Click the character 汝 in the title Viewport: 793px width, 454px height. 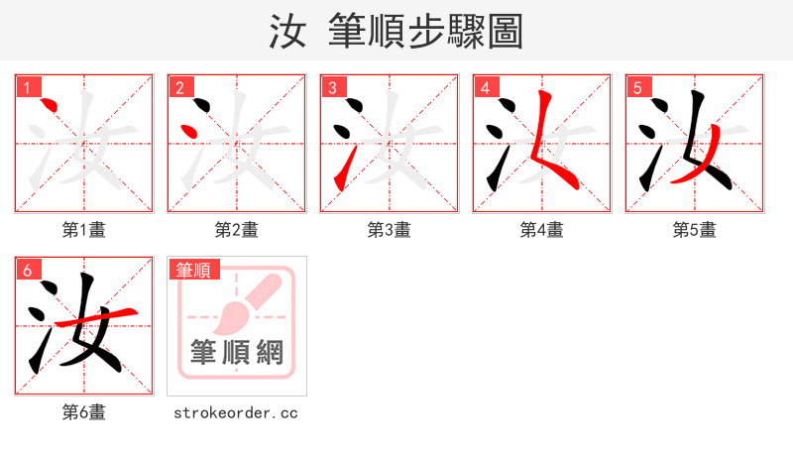(x=287, y=32)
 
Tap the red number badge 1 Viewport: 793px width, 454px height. (x=27, y=87)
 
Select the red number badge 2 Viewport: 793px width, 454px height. (x=179, y=87)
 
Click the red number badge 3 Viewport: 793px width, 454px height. (x=332, y=87)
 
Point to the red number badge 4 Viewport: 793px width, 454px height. (x=485, y=87)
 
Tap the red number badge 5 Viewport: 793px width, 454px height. (x=637, y=87)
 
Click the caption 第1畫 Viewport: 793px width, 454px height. (x=84, y=230)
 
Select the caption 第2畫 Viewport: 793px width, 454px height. (x=237, y=230)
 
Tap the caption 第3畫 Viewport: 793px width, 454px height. (x=390, y=230)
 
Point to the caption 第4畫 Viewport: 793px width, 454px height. (x=542, y=230)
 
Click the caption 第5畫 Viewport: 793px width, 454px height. (x=695, y=230)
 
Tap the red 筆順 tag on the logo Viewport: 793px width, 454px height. (x=194, y=270)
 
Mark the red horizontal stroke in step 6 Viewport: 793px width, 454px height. (x=94, y=318)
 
